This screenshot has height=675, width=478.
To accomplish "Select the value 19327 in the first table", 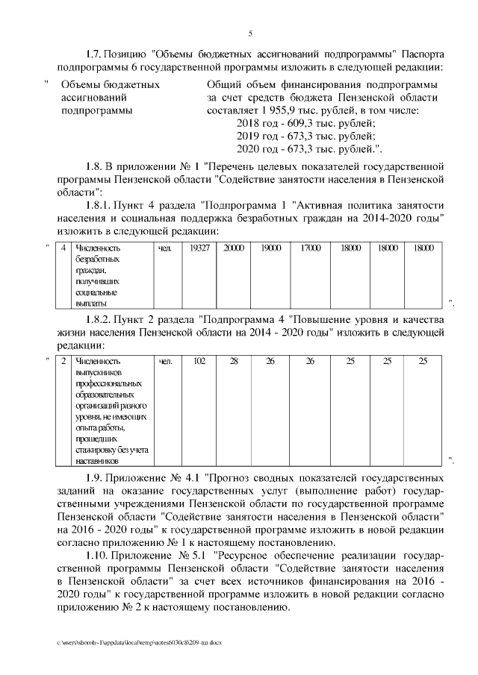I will (x=199, y=248).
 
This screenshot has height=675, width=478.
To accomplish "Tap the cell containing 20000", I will (x=234, y=248).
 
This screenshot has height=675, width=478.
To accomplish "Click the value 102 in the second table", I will (x=199, y=362).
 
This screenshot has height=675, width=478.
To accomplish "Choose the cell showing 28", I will (x=234, y=362).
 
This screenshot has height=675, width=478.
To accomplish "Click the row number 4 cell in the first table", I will (x=63, y=248).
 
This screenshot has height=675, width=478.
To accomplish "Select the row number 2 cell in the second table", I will (x=63, y=362).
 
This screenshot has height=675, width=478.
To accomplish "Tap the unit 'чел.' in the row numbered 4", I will (x=166, y=248).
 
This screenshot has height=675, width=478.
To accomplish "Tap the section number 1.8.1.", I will (x=100, y=204).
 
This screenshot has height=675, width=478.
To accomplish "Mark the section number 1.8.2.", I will (x=100, y=320).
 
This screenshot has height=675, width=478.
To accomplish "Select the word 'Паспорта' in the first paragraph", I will (x=423, y=55).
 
